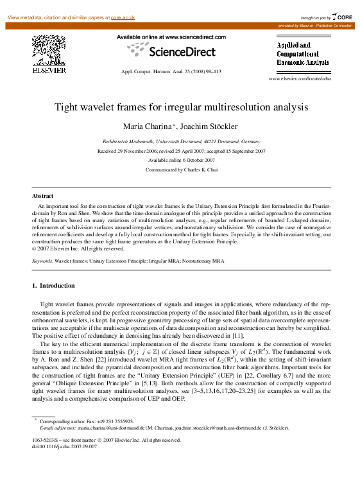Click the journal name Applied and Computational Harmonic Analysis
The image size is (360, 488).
(302, 55)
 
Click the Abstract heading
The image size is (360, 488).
(42, 195)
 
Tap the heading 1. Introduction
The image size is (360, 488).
(53, 285)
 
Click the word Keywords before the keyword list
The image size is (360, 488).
(42, 261)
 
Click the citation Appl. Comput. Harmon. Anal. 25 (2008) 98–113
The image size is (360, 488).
(171, 71)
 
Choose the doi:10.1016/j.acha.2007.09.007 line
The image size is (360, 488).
(61, 446)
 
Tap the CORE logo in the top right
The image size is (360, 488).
(340, 16)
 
